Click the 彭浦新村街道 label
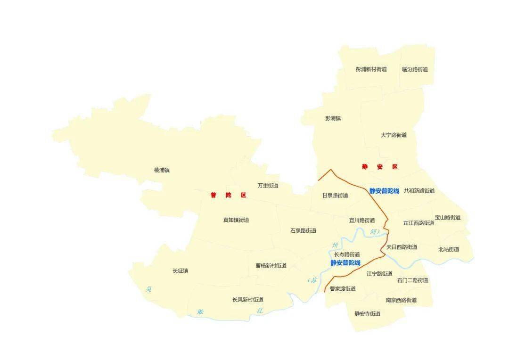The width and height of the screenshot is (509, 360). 371,69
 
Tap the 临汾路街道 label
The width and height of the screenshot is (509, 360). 415,69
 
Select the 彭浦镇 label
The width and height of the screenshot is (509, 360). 333,118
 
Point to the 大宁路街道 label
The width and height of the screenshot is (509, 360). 394,135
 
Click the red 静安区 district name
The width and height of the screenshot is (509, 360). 379,167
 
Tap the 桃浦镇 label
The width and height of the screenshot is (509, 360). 162,170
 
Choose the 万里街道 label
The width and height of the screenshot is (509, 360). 268,185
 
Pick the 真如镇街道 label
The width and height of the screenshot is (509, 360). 236,220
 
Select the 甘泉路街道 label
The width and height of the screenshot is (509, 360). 335,196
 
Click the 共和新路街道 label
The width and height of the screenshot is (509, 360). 419,191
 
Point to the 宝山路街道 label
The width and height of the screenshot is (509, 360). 447,218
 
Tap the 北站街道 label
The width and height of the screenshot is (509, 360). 448,250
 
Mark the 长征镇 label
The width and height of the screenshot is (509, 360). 181,271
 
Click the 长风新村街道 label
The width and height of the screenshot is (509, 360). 248,300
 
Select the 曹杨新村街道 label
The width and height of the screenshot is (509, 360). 271,266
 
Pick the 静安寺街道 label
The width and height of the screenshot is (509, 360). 367,314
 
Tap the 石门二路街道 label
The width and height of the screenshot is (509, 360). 412,280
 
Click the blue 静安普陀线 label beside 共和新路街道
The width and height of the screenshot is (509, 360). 384,191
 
